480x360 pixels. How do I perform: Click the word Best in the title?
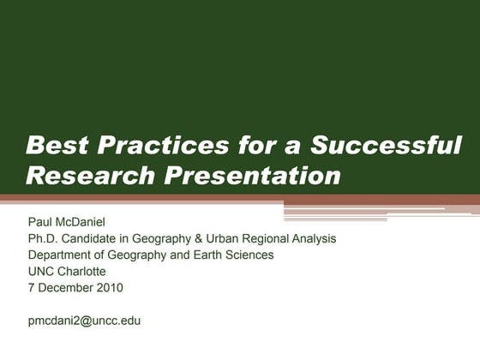tap(54, 145)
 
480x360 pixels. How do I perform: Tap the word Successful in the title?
tap(386, 145)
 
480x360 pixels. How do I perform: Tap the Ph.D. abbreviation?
tap(44, 239)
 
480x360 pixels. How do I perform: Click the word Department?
tap(62, 255)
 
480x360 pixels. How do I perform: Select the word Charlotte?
tap(82, 272)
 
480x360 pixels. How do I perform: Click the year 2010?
tap(110, 288)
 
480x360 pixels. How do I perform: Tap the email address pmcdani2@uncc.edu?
tap(84, 321)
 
